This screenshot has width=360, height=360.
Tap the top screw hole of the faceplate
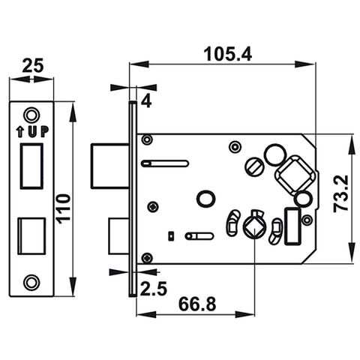(31, 115)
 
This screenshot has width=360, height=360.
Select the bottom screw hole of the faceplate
(31, 281)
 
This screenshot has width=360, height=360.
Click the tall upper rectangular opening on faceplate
(31, 166)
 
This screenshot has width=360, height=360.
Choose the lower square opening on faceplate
(31, 234)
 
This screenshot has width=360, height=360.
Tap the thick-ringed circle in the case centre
(204, 198)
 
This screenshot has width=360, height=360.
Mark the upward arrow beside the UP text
(20, 133)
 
